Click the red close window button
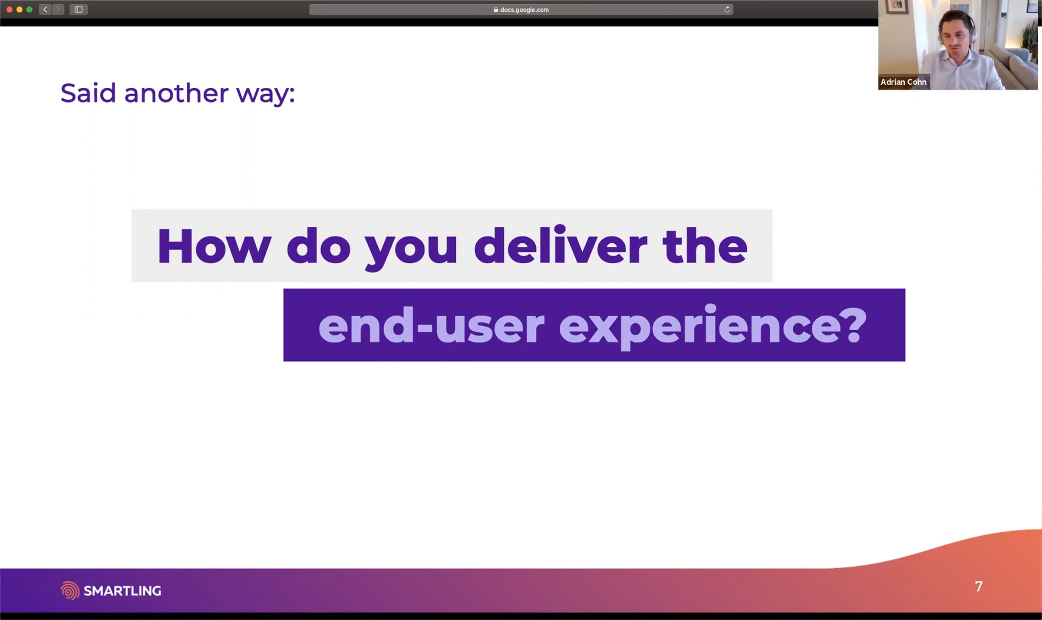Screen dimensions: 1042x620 pyautogui.click(x=9, y=10)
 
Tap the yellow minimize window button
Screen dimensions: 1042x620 pyautogui.click(x=19, y=10)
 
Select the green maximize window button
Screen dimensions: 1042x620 pyautogui.click(x=30, y=10)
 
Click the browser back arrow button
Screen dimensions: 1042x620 pyautogui.click(x=45, y=10)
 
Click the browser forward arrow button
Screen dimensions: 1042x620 pyautogui.click(x=58, y=10)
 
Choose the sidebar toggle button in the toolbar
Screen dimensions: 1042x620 pyautogui.click(x=79, y=10)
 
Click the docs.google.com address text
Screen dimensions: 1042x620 pyautogui.click(x=524, y=10)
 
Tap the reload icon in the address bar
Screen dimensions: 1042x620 pyautogui.click(x=727, y=10)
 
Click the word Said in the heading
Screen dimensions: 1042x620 pyautogui.click(x=88, y=93)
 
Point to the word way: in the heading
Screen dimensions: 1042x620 pyautogui.click(x=266, y=95)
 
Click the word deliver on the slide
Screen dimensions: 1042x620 pyautogui.click(x=561, y=245)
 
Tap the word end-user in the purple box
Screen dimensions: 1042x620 pyautogui.click(x=431, y=325)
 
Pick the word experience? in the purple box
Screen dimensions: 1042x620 pyautogui.click(x=712, y=326)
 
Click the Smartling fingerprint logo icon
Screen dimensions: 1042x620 pyautogui.click(x=70, y=590)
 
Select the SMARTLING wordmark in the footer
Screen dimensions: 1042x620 pyautogui.click(x=122, y=591)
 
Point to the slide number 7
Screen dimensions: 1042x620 pyautogui.click(x=979, y=587)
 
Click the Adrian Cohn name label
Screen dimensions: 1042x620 pyautogui.click(x=904, y=82)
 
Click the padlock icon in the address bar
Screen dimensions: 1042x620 pyautogui.click(x=496, y=10)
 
